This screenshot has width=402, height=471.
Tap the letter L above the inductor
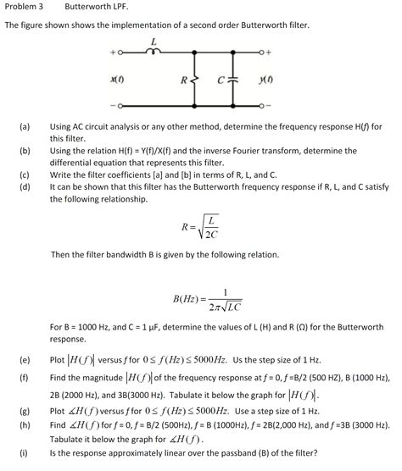tap(154, 41)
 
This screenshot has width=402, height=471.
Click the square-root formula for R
tap(199, 227)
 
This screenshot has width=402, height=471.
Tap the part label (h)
tap(25, 424)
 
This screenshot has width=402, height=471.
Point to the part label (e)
tap(25, 359)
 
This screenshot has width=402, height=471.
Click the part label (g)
tap(25, 410)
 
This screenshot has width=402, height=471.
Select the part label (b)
tap(25, 150)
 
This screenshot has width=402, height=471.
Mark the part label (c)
tap(25, 175)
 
